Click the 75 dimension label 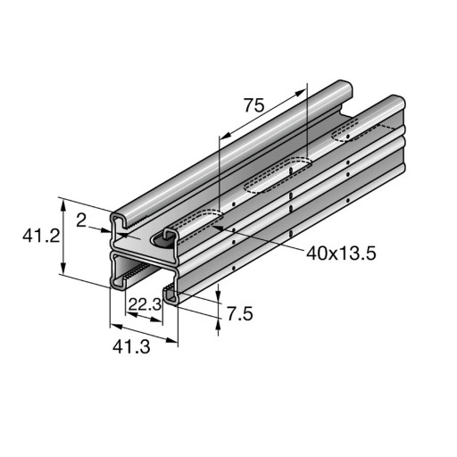click(x=254, y=105)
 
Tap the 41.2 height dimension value click(x=41, y=237)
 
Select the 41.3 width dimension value click(x=131, y=346)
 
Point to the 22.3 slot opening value click(x=145, y=304)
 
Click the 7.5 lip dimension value click(x=240, y=314)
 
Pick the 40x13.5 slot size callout click(x=341, y=253)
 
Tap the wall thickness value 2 click(x=81, y=220)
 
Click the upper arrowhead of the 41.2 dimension click(x=62, y=205)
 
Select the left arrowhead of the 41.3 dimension click(x=116, y=327)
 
